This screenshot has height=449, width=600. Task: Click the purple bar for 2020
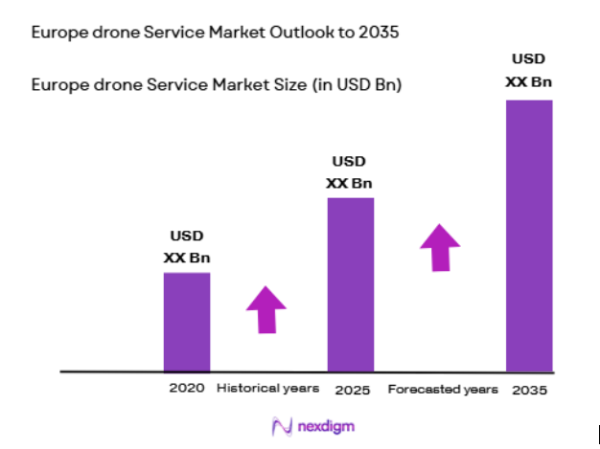tap(186, 322)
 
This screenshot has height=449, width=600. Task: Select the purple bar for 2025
tap(351, 284)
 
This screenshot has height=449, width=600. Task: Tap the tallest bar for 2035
tap(529, 235)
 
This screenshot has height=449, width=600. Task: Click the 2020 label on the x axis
tap(187, 389)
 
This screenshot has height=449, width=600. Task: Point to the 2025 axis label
tap(352, 391)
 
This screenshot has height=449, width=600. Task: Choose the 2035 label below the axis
tap(530, 391)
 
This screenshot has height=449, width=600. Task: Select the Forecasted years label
tap(443, 390)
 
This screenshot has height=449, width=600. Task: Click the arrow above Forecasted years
tap(440, 247)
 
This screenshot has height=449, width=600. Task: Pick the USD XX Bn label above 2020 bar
tap(187, 246)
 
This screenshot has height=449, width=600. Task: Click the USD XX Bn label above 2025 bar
tap(350, 172)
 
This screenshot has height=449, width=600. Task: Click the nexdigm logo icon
tap(281, 425)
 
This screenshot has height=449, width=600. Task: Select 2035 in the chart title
tap(378, 33)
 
